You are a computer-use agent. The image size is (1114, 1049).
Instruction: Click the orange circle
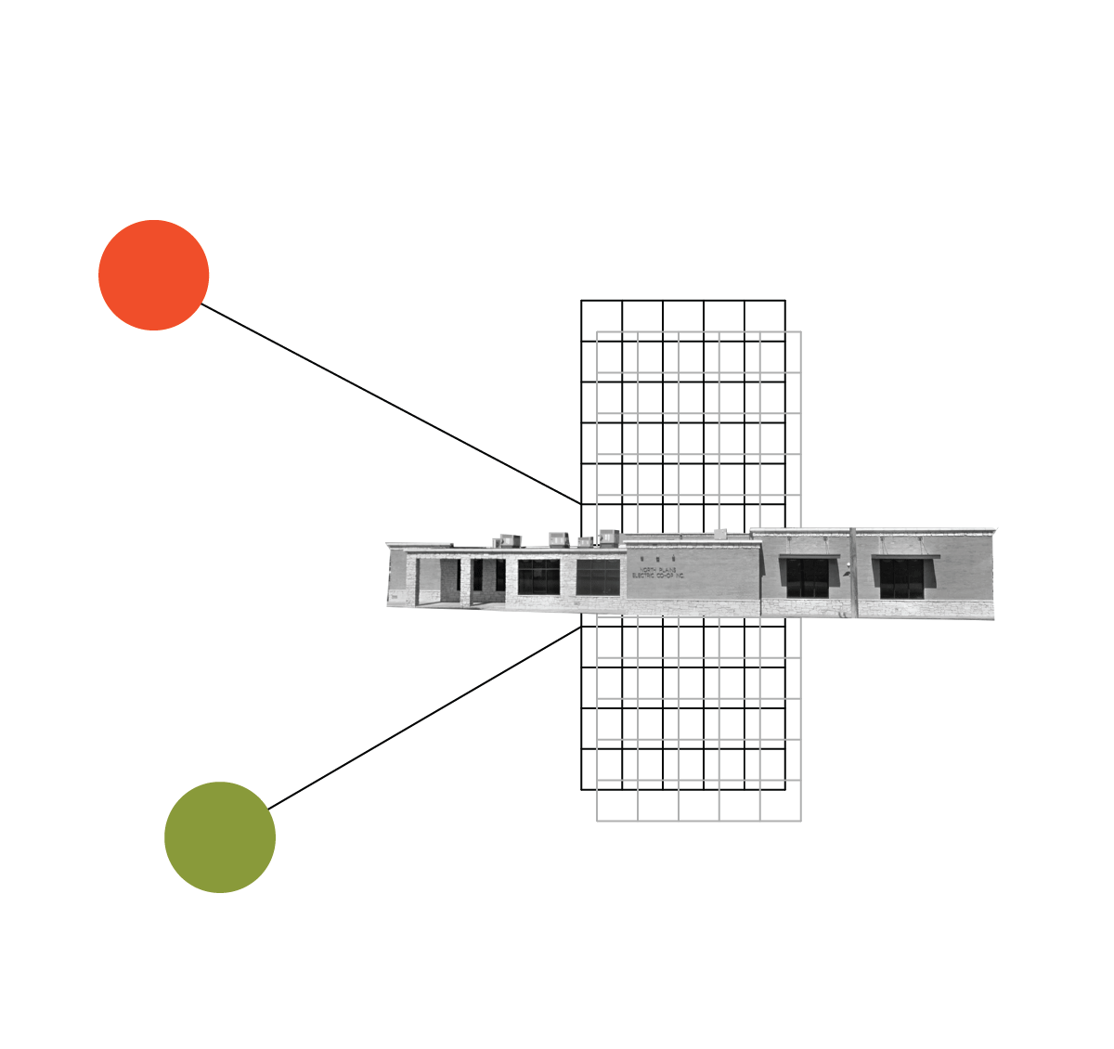click(154, 275)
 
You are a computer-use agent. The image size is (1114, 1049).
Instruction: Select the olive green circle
click(220, 837)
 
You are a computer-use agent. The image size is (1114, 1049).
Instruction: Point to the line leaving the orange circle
click(390, 404)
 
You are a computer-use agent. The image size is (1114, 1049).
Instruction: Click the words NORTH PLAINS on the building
click(658, 570)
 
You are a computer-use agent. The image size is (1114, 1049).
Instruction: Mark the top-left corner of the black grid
click(581, 300)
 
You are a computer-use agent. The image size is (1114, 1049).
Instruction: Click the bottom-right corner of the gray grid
click(800, 821)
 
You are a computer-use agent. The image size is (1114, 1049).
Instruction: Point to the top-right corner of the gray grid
click(800, 331)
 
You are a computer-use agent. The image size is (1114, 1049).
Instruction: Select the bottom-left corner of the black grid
click(581, 789)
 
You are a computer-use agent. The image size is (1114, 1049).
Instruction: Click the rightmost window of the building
click(901, 578)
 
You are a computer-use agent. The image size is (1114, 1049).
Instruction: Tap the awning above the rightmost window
click(905, 557)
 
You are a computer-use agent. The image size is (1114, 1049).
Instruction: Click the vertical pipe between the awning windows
click(853, 571)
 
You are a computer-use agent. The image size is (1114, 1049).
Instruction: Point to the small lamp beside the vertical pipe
click(846, 573)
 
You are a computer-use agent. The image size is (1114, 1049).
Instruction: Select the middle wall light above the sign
click(657, 558)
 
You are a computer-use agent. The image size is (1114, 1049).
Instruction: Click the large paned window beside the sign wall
click(598, 576)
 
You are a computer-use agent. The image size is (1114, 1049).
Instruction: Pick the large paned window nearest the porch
click(538, 576)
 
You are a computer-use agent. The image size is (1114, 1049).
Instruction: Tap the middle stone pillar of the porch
click(465, 581)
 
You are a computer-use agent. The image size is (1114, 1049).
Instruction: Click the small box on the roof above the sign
click(719, 534)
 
